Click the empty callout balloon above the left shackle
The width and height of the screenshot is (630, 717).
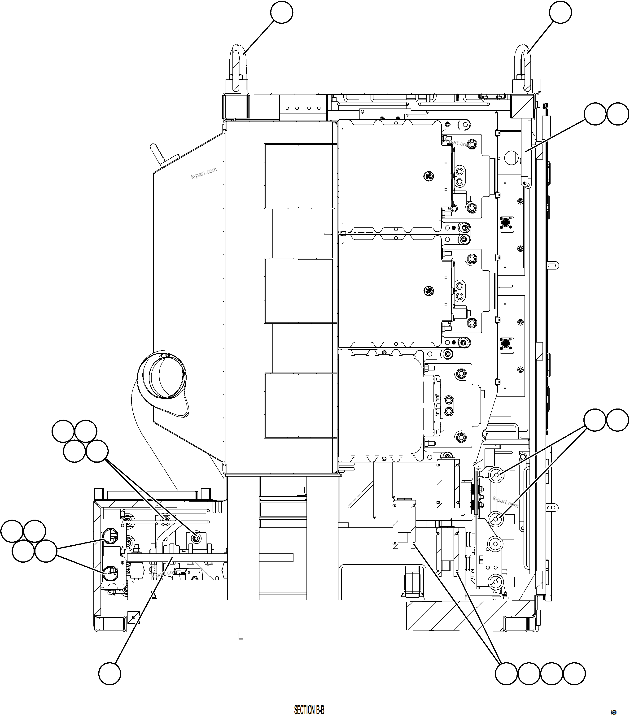tap(282, 12)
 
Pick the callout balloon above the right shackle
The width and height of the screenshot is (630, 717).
tap(560, 12)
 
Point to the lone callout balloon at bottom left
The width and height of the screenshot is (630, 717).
tap(109, 674)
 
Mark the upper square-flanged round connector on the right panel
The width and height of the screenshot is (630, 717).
tap(506, 223)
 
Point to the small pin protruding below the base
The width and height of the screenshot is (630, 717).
tap(241, 636)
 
